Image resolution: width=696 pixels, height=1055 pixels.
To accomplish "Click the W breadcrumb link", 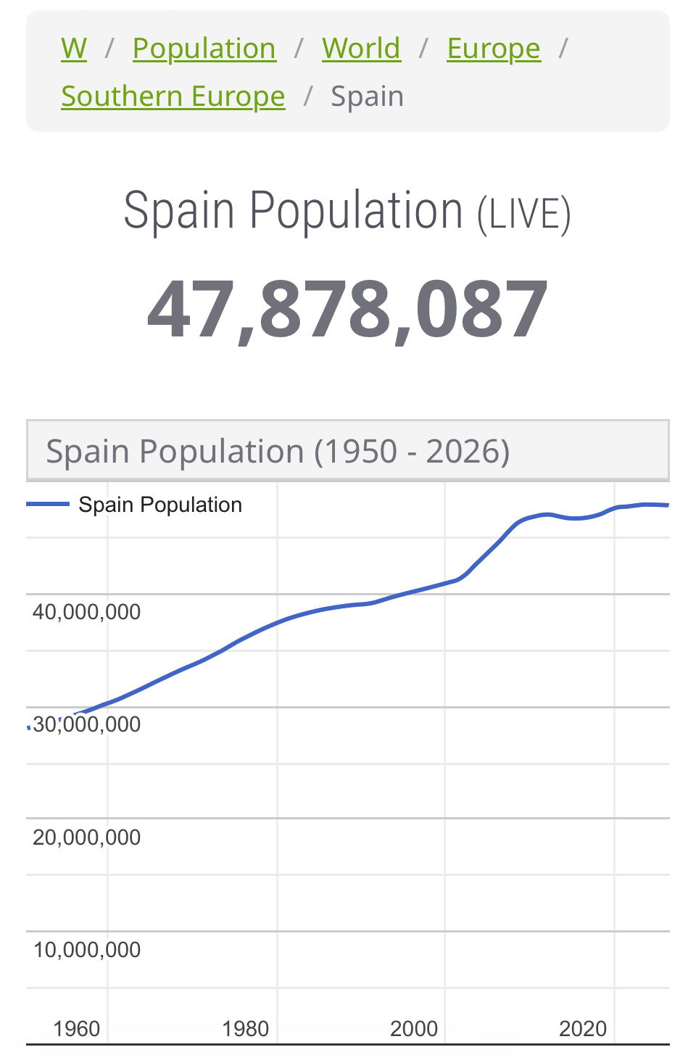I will pos(74,49).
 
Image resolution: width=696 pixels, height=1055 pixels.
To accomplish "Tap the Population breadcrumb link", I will pos(204,49).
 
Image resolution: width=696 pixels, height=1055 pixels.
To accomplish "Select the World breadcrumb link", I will pos(361,49).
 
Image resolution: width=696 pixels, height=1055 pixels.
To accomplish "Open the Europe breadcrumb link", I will pos(493,49).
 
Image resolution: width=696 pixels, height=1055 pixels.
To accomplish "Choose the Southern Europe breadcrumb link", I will pos(173,96).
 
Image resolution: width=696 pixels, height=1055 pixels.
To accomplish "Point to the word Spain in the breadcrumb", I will pos(367,96).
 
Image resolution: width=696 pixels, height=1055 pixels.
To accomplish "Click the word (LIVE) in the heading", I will pos(523,215).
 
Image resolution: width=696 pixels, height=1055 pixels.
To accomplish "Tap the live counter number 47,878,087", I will pos(348,310).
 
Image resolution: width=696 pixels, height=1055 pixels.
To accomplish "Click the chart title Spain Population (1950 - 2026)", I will pos(278,451).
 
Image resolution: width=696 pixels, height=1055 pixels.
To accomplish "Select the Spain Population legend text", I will pos(160,505).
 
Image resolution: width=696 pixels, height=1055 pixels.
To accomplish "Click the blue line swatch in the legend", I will pos(48,504).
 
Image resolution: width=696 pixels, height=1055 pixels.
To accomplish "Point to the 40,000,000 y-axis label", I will pos(87,612).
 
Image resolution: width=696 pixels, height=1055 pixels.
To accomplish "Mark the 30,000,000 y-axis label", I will pos(87,724).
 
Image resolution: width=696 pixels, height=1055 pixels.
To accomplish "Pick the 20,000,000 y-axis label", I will pos(87,837).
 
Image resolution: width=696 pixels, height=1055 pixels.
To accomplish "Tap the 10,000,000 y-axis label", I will pos(87,950).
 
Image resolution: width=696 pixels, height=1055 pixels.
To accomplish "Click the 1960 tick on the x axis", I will pos(77,1029).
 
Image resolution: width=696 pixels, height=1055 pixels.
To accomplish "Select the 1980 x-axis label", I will pos(246,1029).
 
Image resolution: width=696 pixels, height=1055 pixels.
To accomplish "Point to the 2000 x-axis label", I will pos(414,1029).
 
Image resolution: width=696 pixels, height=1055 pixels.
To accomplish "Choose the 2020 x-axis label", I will pos(583,1029).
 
